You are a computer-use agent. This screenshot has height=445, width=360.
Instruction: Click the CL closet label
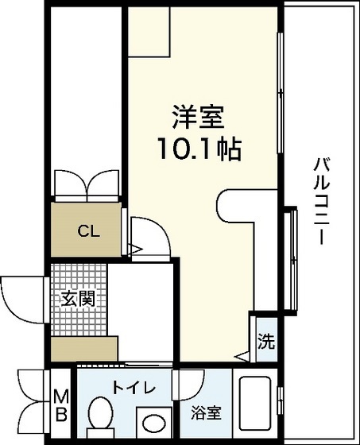tap(87, 232)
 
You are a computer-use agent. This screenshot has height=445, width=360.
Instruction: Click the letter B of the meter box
tap(60, 414)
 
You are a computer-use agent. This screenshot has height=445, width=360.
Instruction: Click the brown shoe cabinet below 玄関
tap(83, 347)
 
